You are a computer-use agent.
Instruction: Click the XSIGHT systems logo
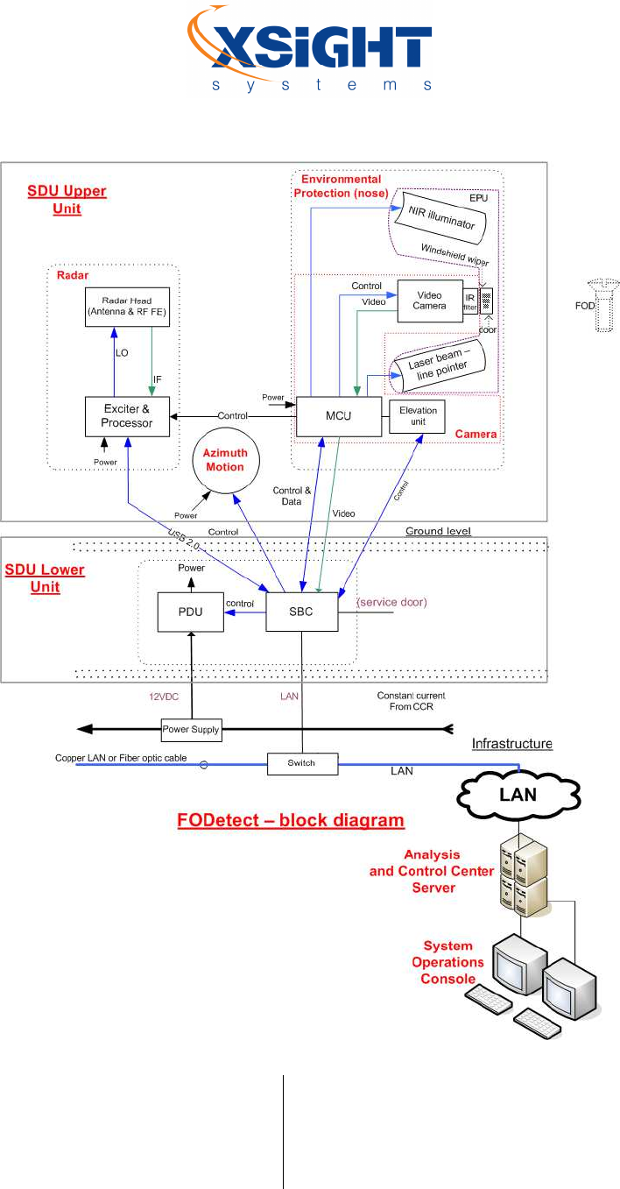pos(309,48)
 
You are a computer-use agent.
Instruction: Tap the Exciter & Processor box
pos(127,415)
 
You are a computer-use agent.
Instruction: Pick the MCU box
pos(338,415)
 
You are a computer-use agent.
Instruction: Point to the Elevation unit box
pos(418,415)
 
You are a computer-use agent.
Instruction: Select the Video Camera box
pos(427,300)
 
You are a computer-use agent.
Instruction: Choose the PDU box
pos(190,612)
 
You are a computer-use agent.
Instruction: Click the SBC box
pos(302,612)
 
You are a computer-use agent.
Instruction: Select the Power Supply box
pos(191,729)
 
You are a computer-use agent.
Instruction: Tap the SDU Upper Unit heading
pos(67,200)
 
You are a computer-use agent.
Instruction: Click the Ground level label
pos(438,532)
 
